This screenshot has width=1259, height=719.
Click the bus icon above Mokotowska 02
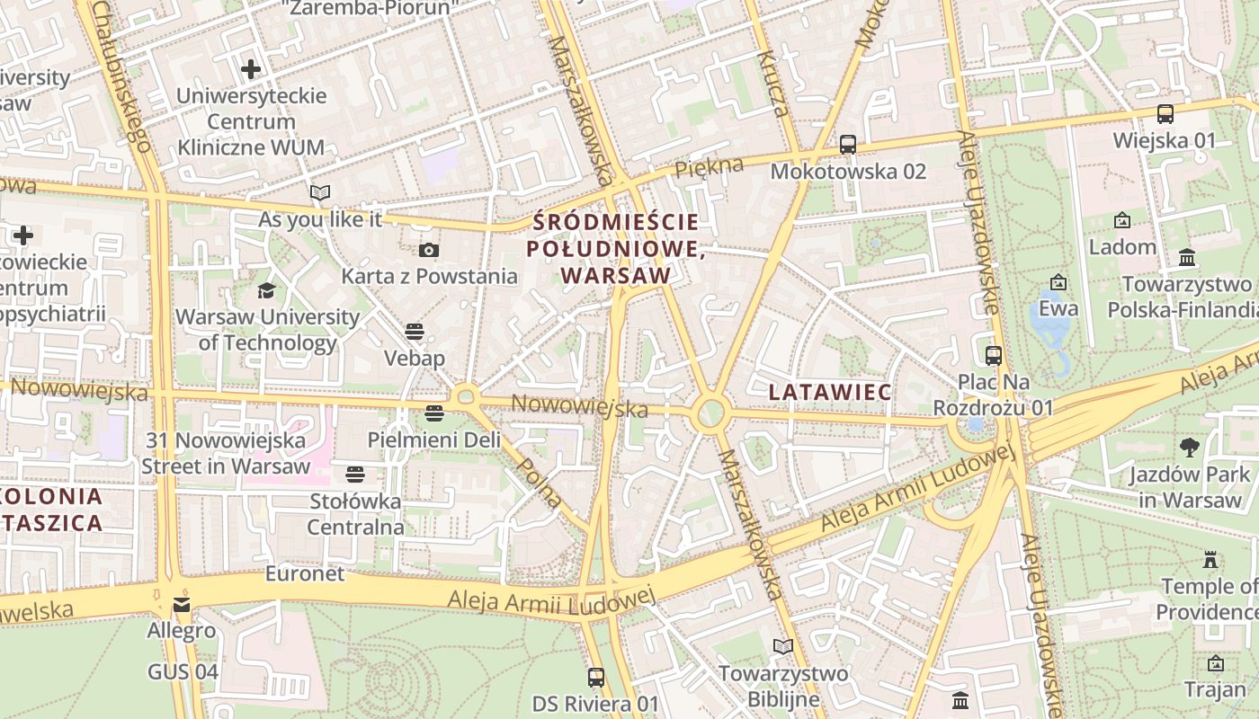pos(847,144)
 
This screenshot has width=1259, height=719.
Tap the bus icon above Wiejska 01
pos(1165,114)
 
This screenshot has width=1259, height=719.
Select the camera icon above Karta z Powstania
pos(429,250)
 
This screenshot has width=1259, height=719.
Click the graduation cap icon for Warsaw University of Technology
pos(267,290)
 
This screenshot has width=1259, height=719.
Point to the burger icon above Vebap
pos(415,331)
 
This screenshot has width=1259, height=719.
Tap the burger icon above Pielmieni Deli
pos(434,413)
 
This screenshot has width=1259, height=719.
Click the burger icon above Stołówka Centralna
pos(355,474)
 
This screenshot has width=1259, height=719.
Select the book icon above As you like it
pos(319,192)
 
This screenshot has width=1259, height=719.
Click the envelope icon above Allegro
pos(182,604)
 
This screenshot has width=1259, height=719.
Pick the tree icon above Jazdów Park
pos(1189,447)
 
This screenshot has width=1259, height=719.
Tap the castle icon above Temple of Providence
pos(1210,559)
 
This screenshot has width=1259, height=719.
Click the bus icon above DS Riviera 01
pos(595,677)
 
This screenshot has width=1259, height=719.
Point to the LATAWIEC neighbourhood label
pos(831,392)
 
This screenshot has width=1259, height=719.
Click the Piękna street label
pos(710,166)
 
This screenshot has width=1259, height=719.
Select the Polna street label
pos(540,483)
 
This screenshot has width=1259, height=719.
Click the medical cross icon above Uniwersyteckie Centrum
pos(251,68)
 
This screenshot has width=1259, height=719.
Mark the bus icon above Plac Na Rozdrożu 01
pos(993,355)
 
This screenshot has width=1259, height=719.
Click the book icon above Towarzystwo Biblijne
pos(782,646)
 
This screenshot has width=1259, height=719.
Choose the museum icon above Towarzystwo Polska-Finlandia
pos(1187,258)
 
